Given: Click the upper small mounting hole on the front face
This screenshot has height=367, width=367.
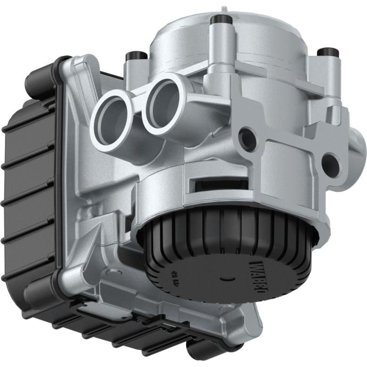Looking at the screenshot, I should coord(248,136).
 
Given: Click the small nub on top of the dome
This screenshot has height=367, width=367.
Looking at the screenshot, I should coord(223,9).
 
